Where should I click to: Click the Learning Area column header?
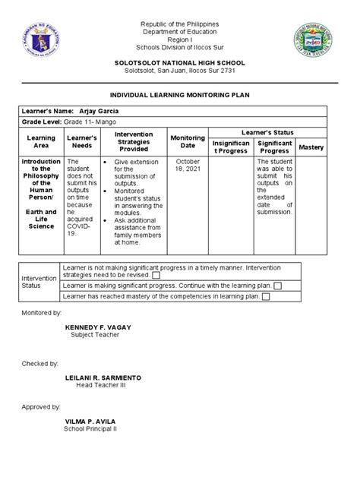[41, 142]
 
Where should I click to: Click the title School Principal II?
[96, 428]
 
